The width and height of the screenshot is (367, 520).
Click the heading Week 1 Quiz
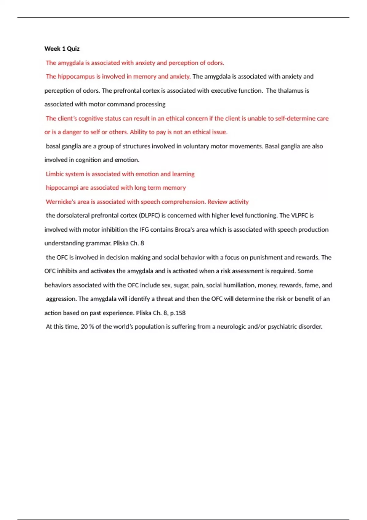62,49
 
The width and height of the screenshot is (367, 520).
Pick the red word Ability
139,132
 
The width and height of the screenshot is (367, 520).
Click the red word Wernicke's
60,202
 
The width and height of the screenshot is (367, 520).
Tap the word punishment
266,257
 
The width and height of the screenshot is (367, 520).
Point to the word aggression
61,299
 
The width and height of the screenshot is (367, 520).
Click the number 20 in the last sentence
84,327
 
